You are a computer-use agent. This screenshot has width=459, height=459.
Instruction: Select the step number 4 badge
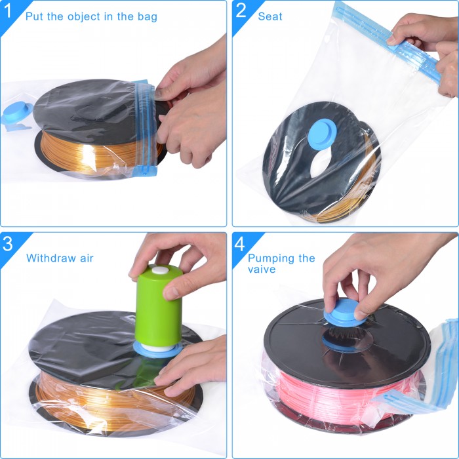tap(241, 245)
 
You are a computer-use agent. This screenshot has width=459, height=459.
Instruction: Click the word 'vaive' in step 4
tap(262, 269)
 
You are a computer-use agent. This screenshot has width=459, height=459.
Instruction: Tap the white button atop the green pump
tap(159, 271)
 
